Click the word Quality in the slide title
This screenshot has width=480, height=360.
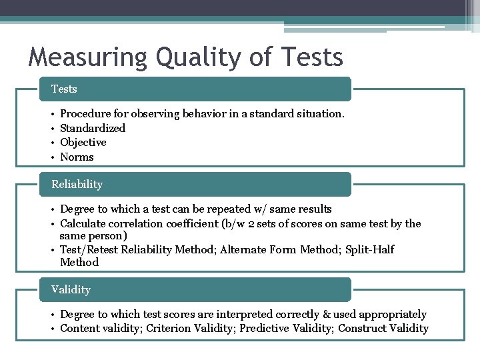[x=193, y=57]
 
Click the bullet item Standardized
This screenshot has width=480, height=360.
[x=93, y=128]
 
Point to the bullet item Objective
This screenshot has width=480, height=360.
[x=83, y=142]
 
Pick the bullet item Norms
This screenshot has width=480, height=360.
[x=77, y=157]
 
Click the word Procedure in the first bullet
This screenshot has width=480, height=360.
[x=85, y=114]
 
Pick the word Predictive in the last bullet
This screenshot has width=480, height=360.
[x=263, y=328]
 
